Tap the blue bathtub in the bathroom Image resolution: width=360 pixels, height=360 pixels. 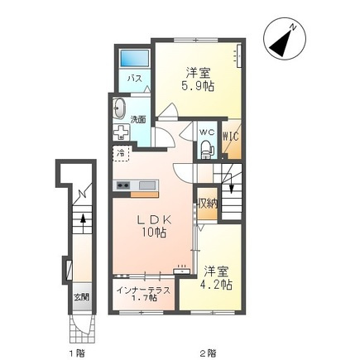point(133,60)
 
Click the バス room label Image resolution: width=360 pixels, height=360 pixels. point(132,79)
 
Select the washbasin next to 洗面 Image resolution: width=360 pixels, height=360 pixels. point(118,109)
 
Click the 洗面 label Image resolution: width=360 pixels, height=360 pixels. point(138,119)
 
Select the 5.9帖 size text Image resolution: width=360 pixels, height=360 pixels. point(198,87)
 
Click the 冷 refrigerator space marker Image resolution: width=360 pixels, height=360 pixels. point(121,152)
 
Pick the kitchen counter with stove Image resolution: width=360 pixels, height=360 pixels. point(136,185)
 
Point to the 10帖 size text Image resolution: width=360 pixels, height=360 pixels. point(153,234)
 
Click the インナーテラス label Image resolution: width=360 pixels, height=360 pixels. point(144,290)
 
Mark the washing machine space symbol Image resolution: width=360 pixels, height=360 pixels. point(121,133)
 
